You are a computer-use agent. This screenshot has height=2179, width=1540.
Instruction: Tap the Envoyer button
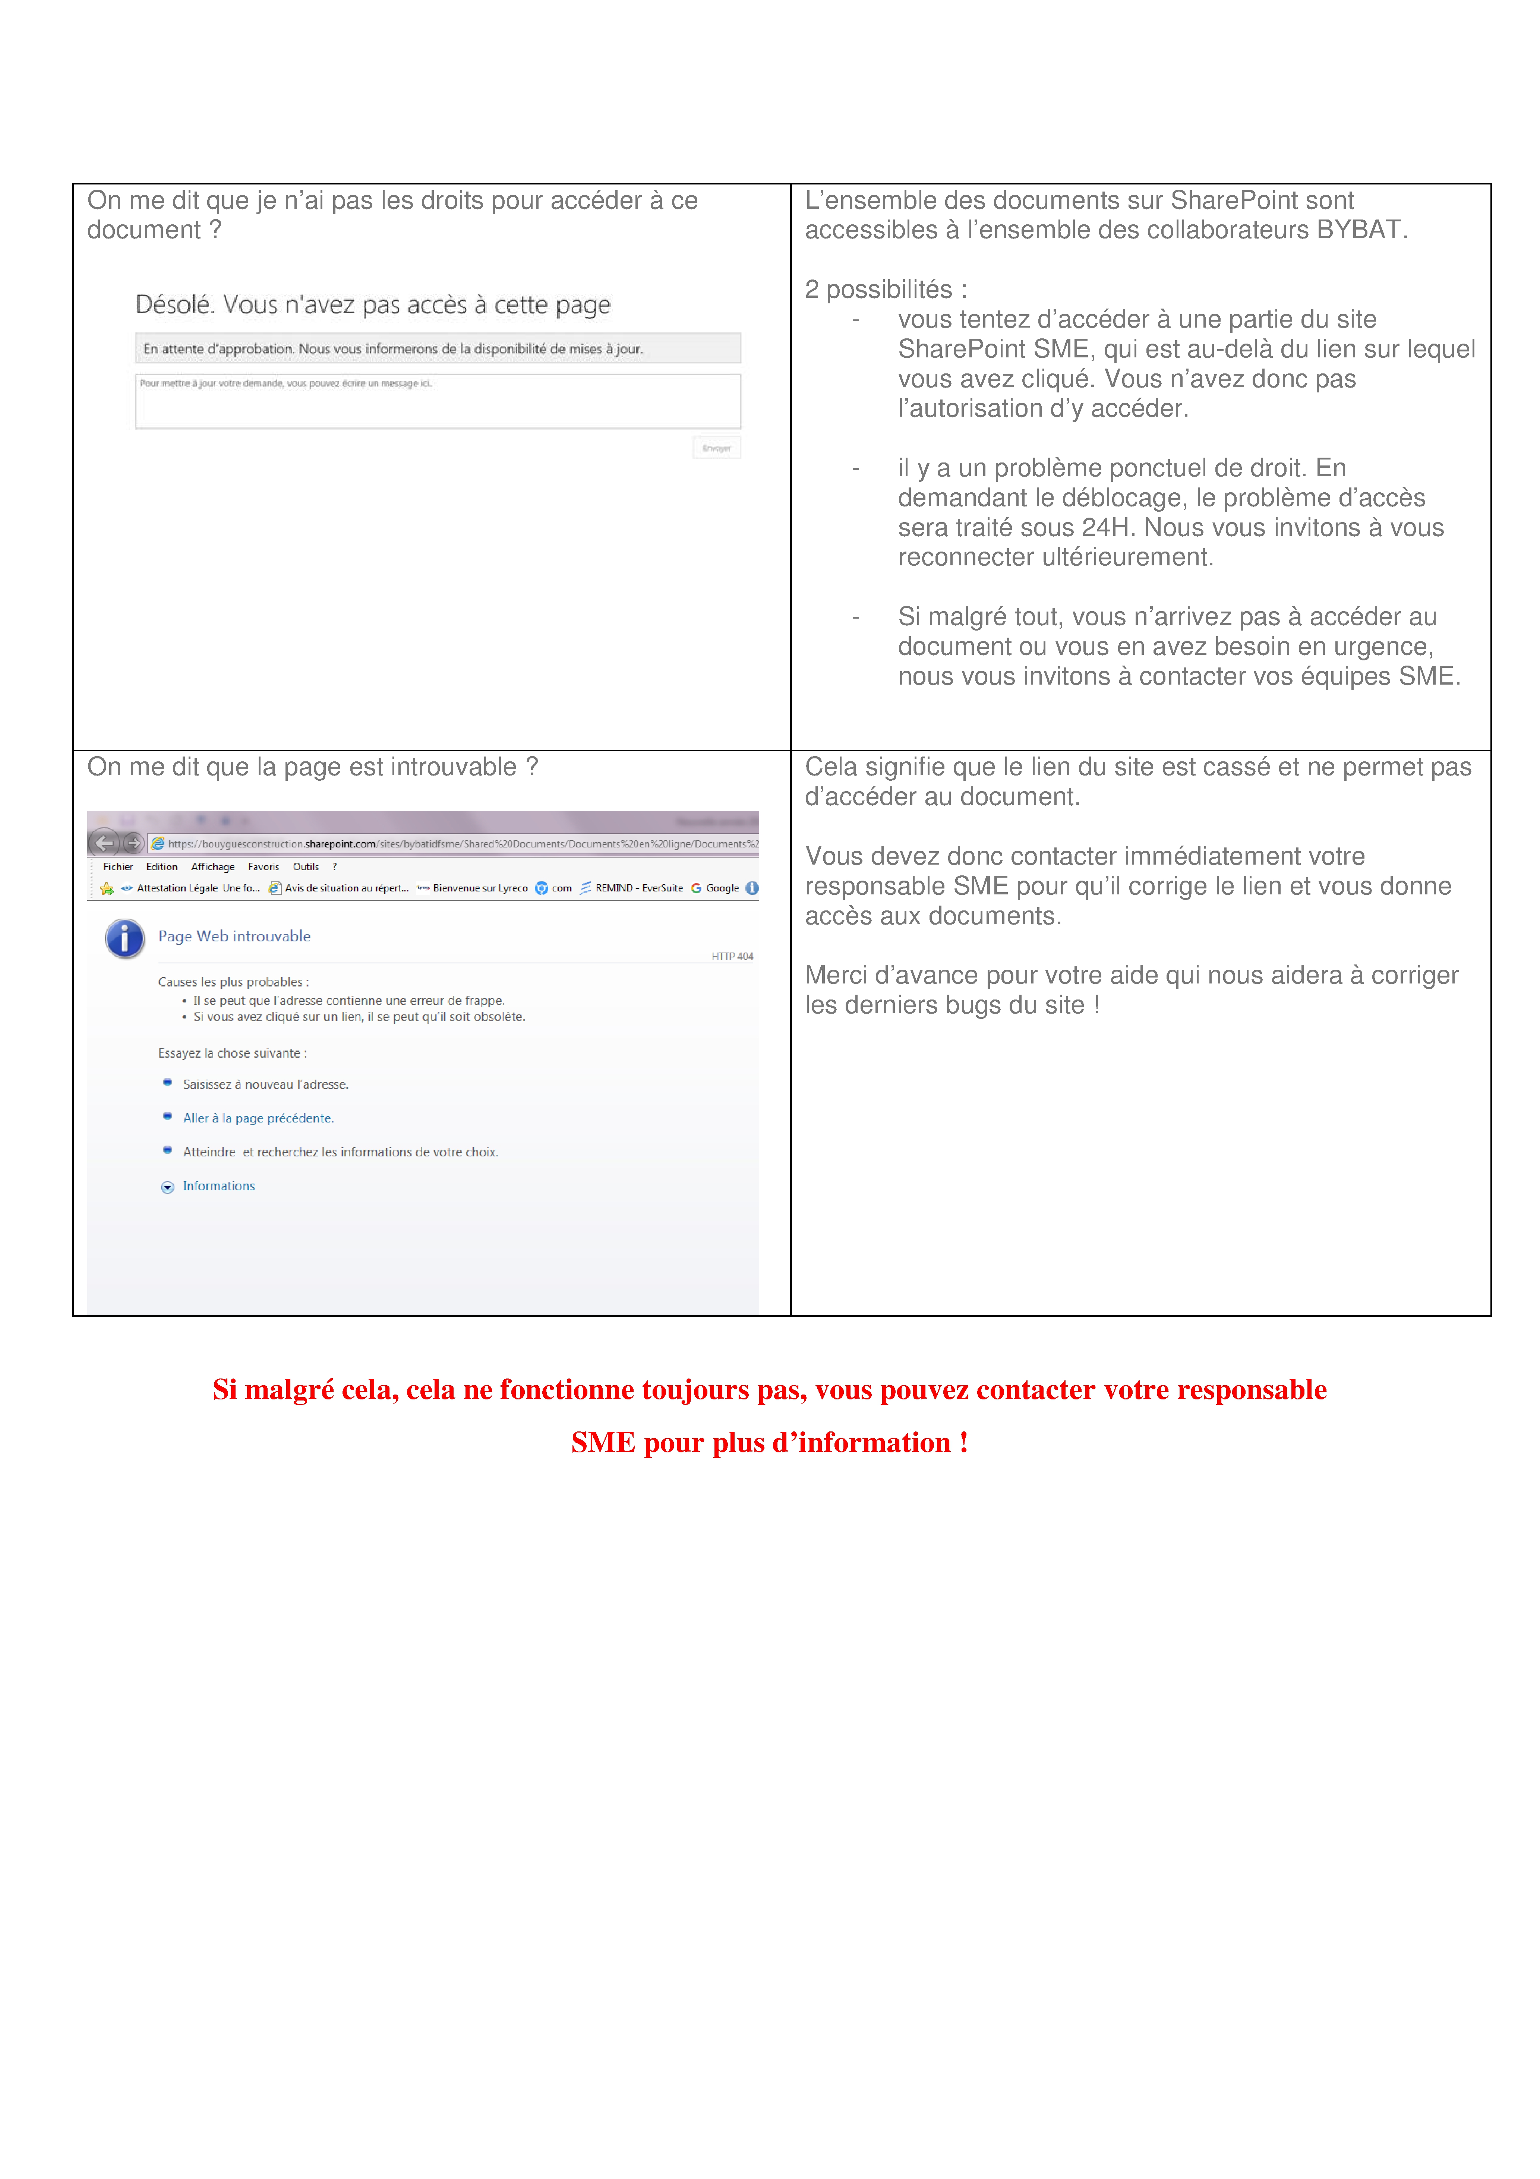[716, 448]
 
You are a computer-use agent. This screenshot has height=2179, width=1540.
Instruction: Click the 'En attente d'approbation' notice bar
[438, 348]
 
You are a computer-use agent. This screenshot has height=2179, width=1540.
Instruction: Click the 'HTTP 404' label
[732, 957]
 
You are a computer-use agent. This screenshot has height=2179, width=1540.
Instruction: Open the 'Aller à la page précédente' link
[258, 1118]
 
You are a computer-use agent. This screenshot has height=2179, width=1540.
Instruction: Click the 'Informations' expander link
[218, 1186]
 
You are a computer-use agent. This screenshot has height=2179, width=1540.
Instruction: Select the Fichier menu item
[118, 866]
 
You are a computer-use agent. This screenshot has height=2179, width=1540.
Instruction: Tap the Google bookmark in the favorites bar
[721, 888]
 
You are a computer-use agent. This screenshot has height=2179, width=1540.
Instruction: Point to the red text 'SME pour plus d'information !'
[770, 1443]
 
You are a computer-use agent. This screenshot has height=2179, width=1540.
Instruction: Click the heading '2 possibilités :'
[885, 290]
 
